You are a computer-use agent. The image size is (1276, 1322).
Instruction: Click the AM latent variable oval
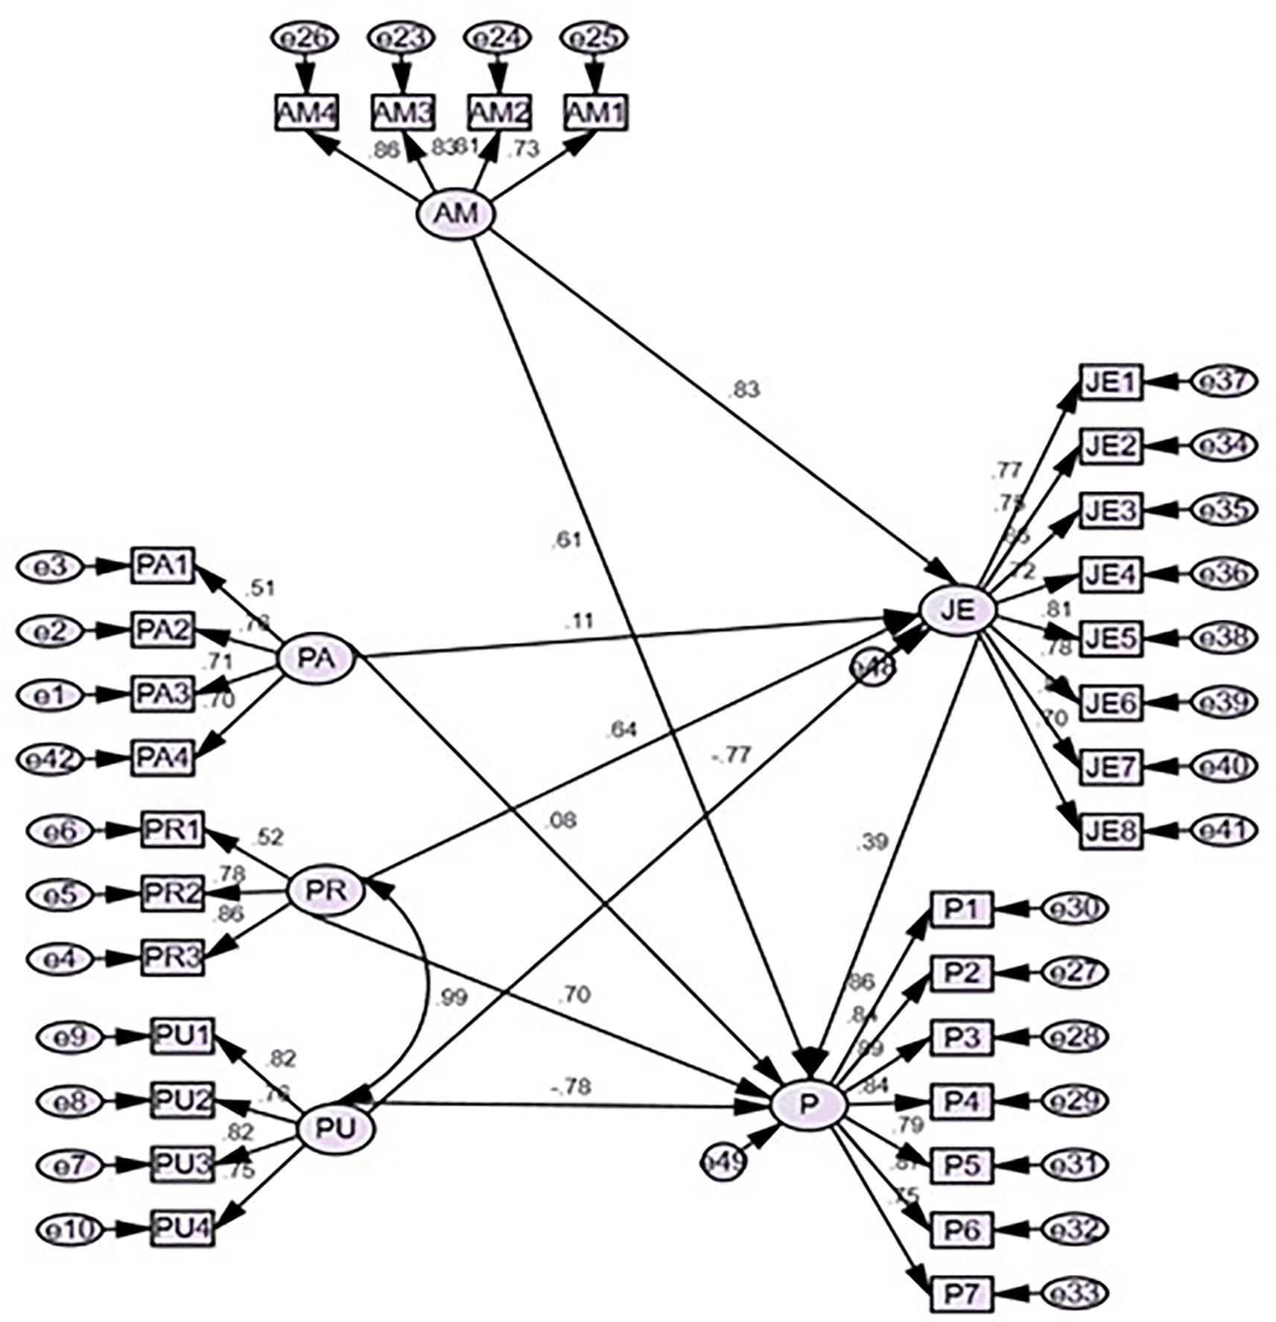tap(455, 214)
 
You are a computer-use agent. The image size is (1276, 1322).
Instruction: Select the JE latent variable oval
tap(958, 610)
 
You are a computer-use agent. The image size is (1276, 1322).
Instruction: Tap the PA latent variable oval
tap(316, 658)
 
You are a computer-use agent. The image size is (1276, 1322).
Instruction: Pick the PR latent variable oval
tap(326, 891)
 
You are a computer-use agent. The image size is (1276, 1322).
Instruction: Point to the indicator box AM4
tap(307, 113)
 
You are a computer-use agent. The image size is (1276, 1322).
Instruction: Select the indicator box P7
tap(962, 1293)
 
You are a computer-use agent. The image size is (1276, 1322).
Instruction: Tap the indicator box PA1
tap(163, 566)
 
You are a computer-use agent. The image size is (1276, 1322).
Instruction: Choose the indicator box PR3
tap(172, 957)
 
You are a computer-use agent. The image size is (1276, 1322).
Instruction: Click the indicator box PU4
tap(182, 1228)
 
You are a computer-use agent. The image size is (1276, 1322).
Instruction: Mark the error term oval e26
tap(304, 37)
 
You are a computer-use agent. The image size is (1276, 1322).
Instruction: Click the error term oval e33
tap(1074, 1293)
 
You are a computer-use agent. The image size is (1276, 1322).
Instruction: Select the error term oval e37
tap(1224, 381)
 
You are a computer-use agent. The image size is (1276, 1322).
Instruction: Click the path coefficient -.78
tap(571, 1087)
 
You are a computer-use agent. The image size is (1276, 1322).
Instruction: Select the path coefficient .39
tap(872, 842)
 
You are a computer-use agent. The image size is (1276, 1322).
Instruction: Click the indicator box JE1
tap(1111, 382)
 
